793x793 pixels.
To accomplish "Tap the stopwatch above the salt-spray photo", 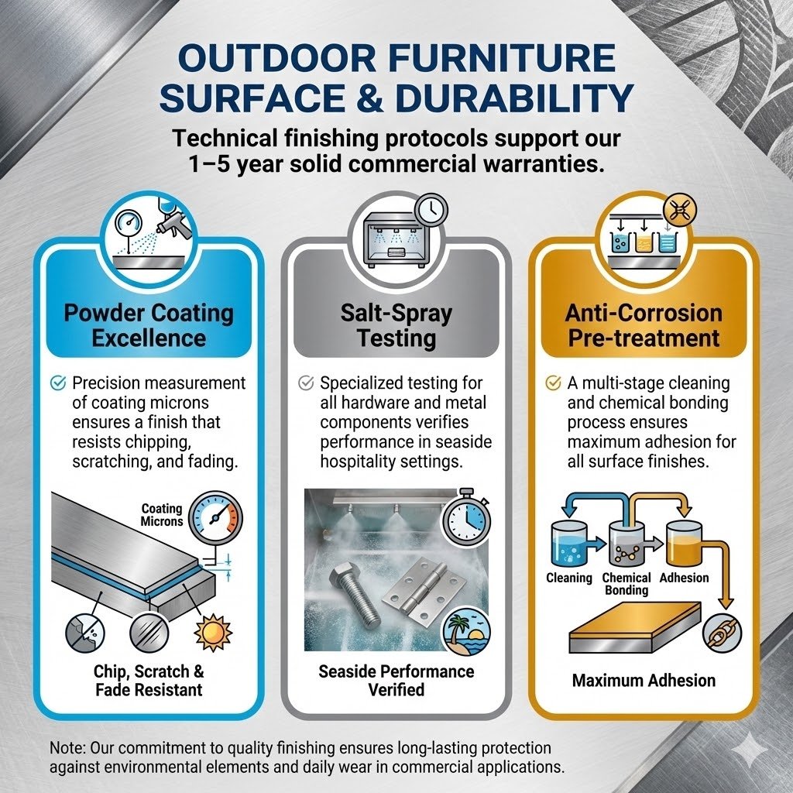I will pyautogui.click(x=466, y=516).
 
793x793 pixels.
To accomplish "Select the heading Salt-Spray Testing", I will pyautogui.click(x=396, y=325).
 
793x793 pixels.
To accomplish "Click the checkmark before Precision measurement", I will pyautogui.click(x=57, y=383).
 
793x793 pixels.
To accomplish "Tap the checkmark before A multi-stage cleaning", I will pyautogui.click(x=553, y=383).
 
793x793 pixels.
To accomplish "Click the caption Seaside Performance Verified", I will pyautogui.click(x=396, y=680).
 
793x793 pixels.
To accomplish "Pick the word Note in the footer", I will pyautogui.click(x=66, y=749).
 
